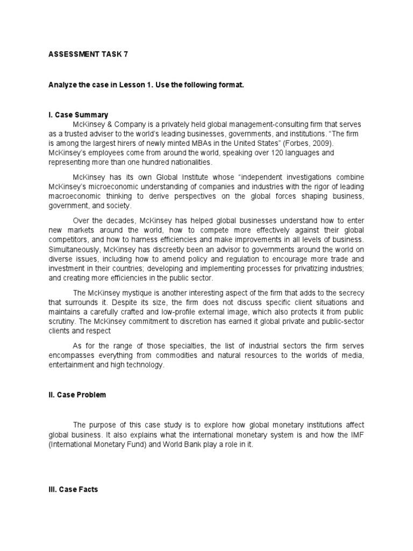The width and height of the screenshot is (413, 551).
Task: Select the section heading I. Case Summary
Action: point(78,115)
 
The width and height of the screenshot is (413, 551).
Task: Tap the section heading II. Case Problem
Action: point(77,394)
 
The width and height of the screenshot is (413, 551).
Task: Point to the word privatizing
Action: point(307,269)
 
